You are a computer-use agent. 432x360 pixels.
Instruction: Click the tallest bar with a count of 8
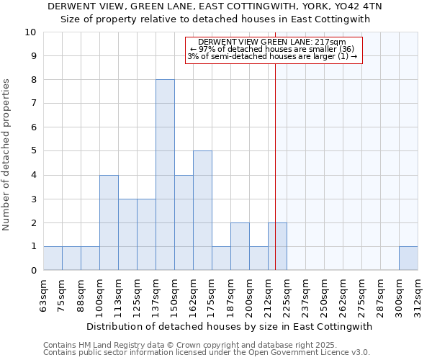click(165, 175)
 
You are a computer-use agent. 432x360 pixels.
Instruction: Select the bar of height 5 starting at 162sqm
click(202, 210)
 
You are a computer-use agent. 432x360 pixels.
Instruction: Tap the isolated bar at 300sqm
click(408, 258)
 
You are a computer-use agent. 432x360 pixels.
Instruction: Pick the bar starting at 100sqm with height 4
click(109, 222)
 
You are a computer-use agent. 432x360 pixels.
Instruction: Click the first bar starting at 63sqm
click(53, 258)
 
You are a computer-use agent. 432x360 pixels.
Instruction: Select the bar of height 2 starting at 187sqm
click(240, 246)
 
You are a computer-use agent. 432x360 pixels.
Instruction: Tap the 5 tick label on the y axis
click(32, 151)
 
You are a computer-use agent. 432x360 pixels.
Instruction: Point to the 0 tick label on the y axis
click(32, 271)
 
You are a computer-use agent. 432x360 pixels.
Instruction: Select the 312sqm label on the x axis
click(418, 295)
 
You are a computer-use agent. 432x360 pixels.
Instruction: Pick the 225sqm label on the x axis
click(287, 295)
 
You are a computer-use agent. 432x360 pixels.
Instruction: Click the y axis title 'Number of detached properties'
click(7, 155)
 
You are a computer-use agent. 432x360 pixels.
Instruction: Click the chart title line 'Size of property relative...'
click(215, 19)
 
